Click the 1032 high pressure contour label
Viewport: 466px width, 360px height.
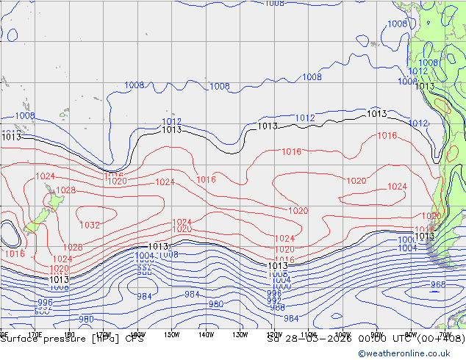[x=90, y=225]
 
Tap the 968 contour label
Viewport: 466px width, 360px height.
[x=438, y=284]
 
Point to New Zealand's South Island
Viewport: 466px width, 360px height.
[x=33, y=225]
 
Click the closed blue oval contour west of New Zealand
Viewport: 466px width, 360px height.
[x=10, y=234]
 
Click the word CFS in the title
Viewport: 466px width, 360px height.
[x=134, y=339]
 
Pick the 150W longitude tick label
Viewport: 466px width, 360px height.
[x=172, y=335]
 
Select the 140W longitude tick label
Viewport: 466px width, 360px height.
[x=206, y=335]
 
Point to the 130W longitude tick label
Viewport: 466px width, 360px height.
[x=240, y=335]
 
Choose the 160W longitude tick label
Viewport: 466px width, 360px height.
[x=138, y=335]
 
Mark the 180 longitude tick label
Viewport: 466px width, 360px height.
[x=69, y=335]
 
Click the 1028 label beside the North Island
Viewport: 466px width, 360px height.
[x=66, y=190]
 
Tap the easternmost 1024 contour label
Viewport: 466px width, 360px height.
[x=397, y=187]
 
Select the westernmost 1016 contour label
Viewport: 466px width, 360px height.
[x=15, y=253]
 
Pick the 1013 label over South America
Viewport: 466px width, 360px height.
[x=425, y=87]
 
